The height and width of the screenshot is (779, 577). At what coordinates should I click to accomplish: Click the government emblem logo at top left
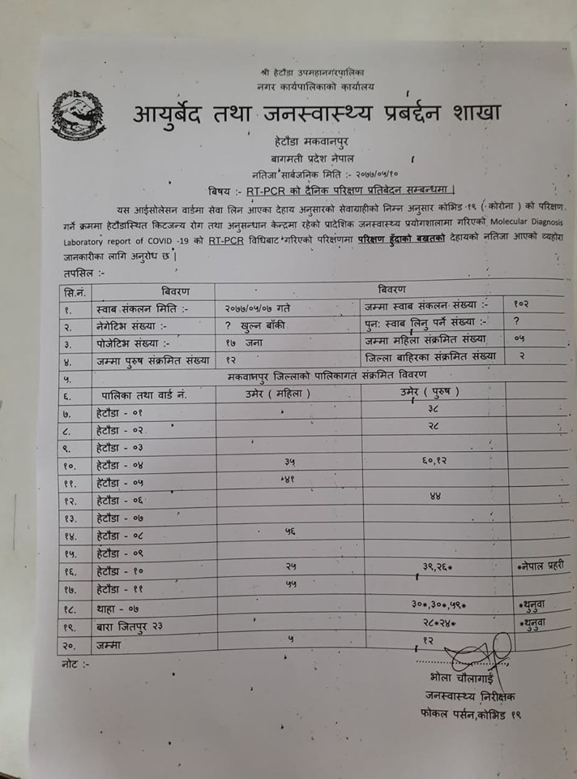pyautogui.click(x=78, y=115)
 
